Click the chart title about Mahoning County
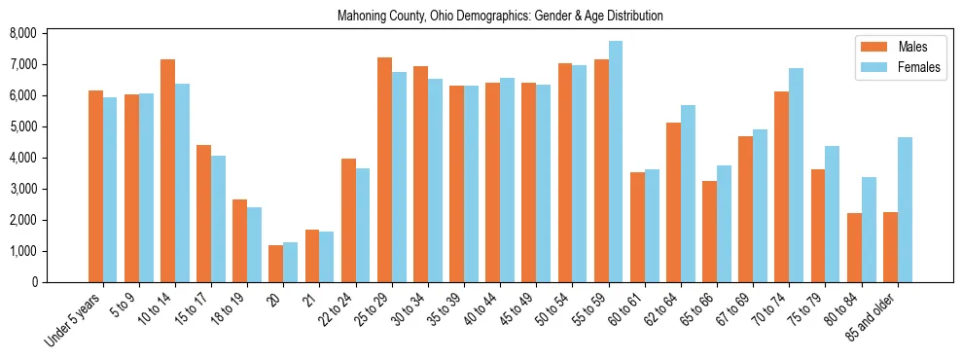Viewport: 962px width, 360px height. point(500,17)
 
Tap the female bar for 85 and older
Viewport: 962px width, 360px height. point(905,209)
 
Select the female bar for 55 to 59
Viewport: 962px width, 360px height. point(616,162)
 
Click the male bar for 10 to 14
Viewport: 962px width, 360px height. point(167,170)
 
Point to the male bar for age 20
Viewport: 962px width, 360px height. point(275,264)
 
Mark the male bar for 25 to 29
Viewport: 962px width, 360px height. point(384,169)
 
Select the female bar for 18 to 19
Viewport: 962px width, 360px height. point(254,244)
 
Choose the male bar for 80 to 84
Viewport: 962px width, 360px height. point(854,247)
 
